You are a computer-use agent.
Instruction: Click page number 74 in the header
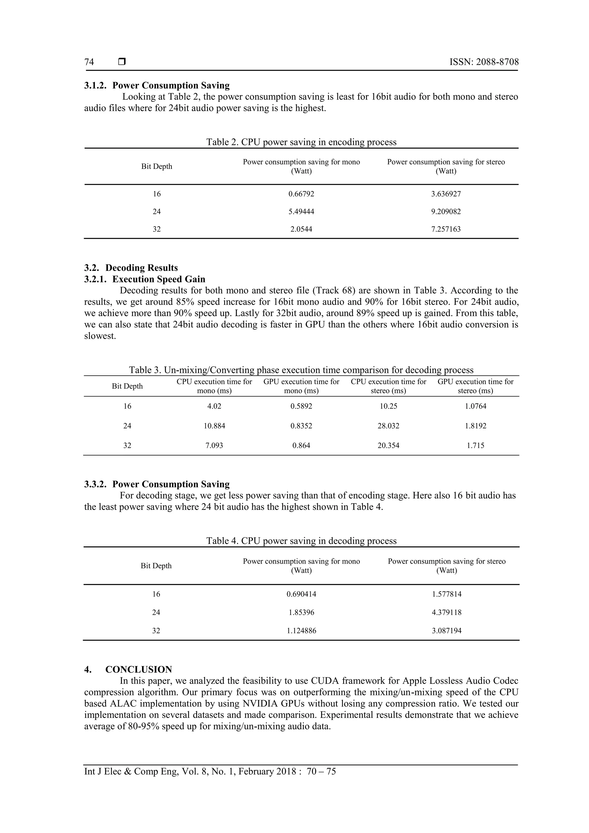[x=89, y=62]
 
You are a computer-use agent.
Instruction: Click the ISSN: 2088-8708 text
[x=484, y=62]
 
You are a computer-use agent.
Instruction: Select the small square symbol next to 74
[x=122, y=62]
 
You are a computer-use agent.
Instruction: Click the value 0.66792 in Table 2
[x=301, y=194]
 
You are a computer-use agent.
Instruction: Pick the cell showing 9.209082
[x=446, y=212]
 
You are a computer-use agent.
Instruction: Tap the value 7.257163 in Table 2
[x=446, y=229]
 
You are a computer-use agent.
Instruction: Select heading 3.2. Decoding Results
[x=131, y=268]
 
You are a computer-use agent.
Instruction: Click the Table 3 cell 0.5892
[x=301, y=406]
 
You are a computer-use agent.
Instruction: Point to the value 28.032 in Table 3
[x=388, y=426]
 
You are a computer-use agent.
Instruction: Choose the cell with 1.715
[x=475, y=445]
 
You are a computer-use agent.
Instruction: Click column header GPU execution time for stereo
[x=475, y=386]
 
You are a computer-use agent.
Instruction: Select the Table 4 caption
[x=301, y=541]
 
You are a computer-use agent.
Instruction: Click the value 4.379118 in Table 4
[x=446, y=612]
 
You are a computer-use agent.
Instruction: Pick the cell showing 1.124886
[x=301, y=631]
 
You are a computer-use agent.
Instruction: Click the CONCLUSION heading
[x=138, y=669]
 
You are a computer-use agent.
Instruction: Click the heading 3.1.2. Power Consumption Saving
[x=157, y=86]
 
